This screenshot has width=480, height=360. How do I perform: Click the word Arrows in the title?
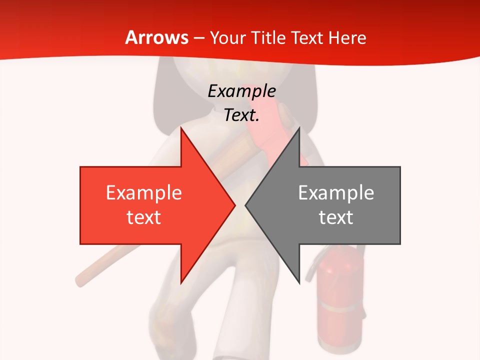157,37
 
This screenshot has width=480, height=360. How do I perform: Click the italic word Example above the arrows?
241,91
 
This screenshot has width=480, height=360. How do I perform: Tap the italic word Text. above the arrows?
241,115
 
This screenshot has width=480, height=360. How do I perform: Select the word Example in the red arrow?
144,192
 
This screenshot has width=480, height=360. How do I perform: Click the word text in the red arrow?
144,217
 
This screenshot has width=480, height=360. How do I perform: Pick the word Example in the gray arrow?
336,192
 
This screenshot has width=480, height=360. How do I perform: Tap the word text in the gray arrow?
336,217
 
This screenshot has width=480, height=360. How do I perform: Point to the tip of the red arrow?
234,205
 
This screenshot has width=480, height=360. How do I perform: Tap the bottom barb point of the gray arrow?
299,282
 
